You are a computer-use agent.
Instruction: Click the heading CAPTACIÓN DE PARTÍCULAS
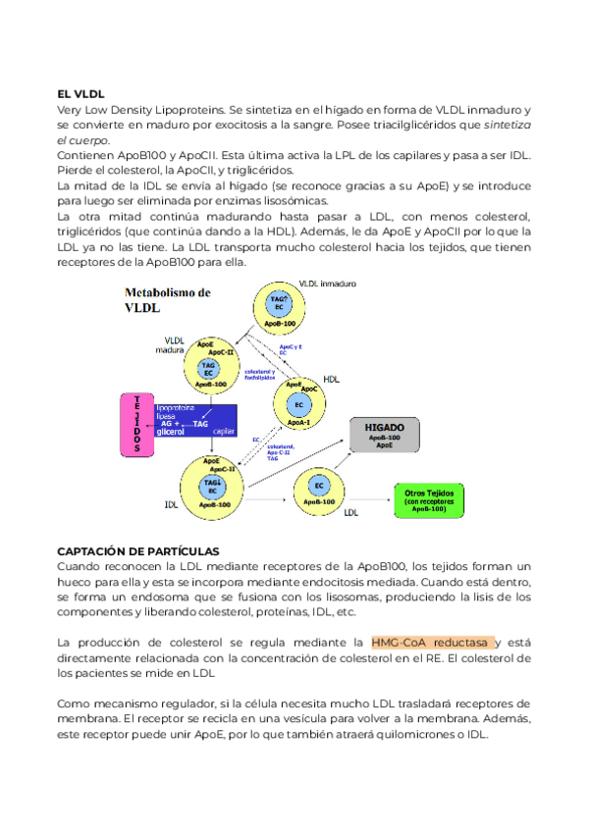click(x=137, y=550)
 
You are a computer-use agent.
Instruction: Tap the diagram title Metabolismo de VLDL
click(x=168, y=300)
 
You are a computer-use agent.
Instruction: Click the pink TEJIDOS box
click(x=135, y=424)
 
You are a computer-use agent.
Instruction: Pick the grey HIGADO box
click(x=391, y=435)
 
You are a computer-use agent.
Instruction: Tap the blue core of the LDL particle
click(x=318, y=486)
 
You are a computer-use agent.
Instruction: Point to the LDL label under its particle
click(x=350, y=512)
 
